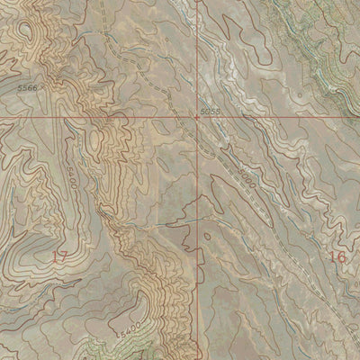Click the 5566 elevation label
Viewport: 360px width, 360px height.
click(x=27, y=87)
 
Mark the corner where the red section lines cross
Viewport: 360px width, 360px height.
click(x=198, y=117)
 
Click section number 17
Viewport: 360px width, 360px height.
click(x=59, y=257)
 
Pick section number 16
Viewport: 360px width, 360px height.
click(x=337, y=256)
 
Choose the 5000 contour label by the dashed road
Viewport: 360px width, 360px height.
click(x=247, y=178)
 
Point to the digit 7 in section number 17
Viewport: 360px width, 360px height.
click(x=64, y=257)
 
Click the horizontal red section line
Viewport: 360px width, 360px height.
click(x=90, y=117)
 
